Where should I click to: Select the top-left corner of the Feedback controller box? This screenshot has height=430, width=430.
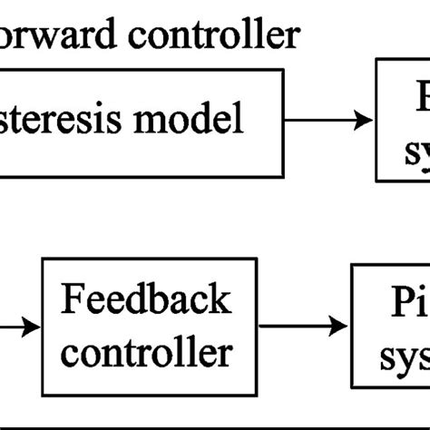click(44, 259)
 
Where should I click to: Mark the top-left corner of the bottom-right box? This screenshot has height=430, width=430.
click(353, 265)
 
